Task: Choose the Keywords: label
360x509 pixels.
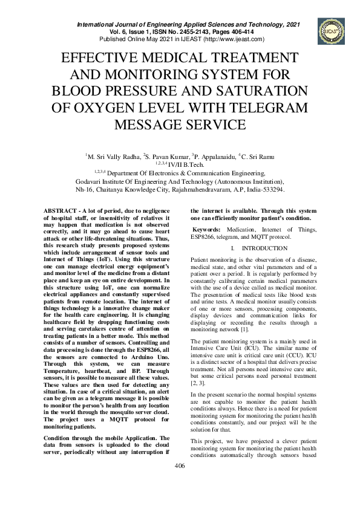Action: [x=206, y=231]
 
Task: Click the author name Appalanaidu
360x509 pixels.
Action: [x=215, y=156]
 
